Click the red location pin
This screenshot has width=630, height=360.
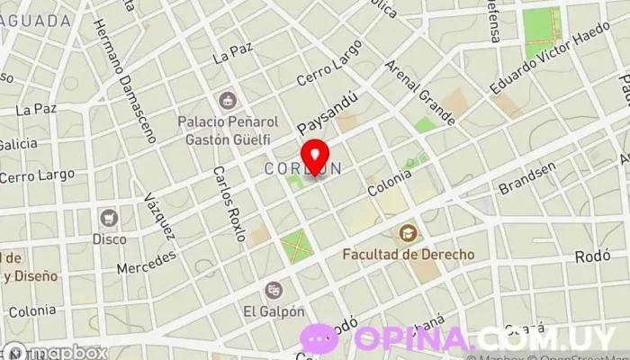313,155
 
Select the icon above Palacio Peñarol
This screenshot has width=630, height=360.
226,98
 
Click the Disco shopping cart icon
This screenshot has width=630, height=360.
109,217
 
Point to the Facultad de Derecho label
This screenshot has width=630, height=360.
408,255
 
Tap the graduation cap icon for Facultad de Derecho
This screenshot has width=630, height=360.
408,233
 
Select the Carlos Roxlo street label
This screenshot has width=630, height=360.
229,203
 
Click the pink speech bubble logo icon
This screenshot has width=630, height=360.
319,338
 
